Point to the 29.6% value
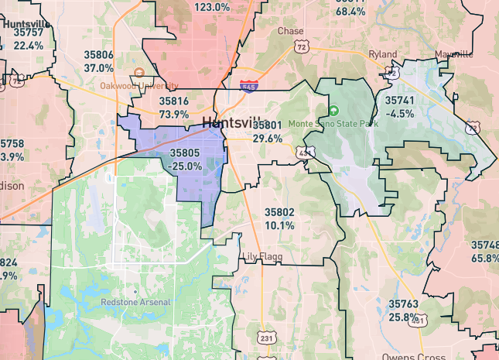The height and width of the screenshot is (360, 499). coord(268,138)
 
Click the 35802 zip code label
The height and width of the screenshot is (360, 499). coord(279,212)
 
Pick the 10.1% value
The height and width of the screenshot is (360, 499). coord(279,225)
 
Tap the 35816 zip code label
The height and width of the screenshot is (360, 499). coord(174,101)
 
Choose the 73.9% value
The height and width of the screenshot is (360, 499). coord(174,114)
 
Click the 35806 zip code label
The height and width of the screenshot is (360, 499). coord(99,55)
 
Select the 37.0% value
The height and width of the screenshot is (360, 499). coord(99,67)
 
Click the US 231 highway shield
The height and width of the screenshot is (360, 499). coord(265,338)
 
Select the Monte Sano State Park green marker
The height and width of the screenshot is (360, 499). coord(334,111)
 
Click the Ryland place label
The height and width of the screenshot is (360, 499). coord(382,54)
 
